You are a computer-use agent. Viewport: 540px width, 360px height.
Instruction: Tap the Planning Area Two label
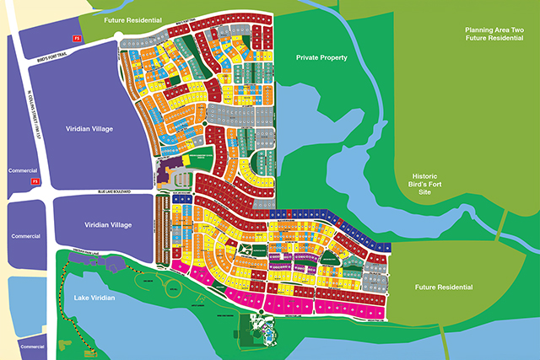494,35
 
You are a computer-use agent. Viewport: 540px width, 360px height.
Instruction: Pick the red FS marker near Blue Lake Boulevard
35,180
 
